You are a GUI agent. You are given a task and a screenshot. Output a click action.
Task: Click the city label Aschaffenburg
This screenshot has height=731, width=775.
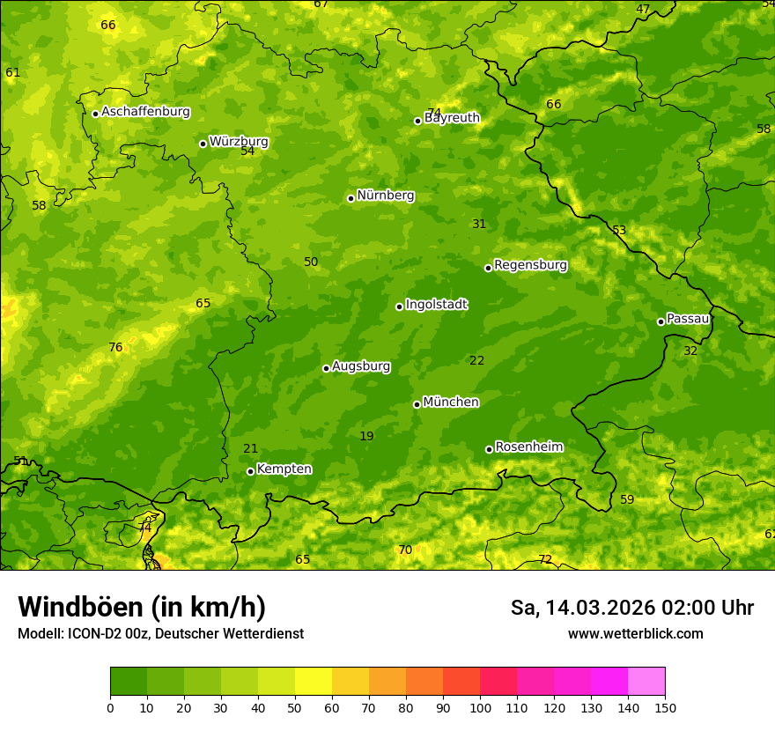tap(145, 112)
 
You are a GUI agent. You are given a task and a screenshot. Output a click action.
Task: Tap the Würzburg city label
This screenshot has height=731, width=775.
tap(239, 142)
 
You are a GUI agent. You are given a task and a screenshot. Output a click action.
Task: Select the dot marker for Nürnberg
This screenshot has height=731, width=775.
tap(351, 198)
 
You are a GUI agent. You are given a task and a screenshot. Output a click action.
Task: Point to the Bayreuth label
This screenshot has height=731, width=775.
tap(452, 118)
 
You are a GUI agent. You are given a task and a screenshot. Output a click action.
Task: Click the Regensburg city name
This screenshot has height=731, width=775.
tap(530, 265)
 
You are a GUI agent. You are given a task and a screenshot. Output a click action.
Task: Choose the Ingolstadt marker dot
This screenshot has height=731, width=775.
tap(399, 306)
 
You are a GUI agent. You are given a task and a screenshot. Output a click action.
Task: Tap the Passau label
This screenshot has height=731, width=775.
tap(688, 319)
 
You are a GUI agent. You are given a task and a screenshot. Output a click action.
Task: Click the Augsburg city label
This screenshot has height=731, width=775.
tap(361, 366)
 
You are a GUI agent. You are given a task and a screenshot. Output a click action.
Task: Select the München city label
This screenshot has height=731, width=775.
tap(451, 402)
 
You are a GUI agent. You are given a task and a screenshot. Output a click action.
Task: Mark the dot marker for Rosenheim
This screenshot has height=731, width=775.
tap(489, 449)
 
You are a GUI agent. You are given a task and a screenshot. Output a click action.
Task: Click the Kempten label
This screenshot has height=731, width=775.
tap(284, 469)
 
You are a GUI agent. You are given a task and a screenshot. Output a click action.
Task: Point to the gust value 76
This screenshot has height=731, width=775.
tap(115, 348)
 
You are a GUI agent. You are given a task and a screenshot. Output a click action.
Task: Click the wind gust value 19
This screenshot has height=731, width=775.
tap(366, 437)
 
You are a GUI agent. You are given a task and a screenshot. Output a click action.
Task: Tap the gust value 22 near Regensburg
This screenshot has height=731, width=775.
tap(477, 361)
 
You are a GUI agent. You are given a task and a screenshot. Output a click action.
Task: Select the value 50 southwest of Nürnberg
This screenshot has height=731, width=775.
tap(311, 262)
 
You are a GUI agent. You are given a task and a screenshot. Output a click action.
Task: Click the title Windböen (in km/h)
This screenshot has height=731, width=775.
tap(142, 607)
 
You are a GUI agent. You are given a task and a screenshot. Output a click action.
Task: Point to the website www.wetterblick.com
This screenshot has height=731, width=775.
tap(635, 634)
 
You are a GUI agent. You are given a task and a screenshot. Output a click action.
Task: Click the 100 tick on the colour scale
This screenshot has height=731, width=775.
tap(480, 707)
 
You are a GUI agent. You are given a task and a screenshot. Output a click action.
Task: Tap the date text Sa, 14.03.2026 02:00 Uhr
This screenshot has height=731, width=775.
tap(631, 608)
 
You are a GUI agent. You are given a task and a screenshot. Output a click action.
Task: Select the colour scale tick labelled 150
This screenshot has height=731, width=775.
tap(665, 707)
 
